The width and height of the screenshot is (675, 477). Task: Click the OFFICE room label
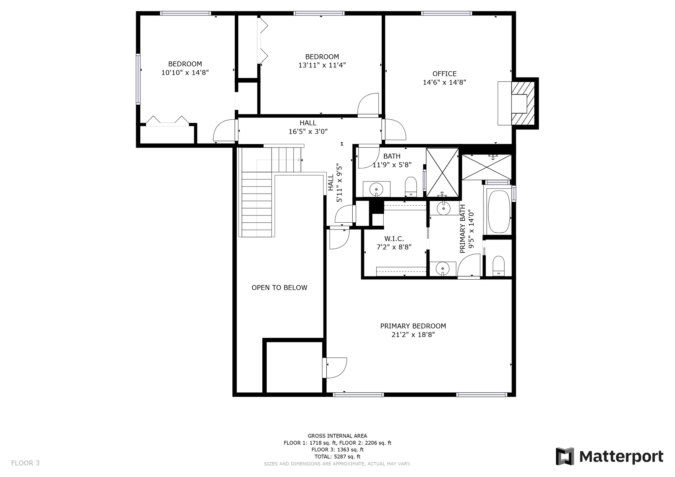pyautogui.click(x=444, y=74)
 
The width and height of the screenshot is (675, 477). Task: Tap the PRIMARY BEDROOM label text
pyautogui.click(x=413, y=326)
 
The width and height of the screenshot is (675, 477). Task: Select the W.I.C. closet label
pyautogui.click(x=394, y=238)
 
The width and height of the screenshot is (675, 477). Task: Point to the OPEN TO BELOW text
pyautogui.click(x=279, y=288)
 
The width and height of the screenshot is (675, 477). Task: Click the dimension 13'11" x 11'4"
pyautogui.click(x=322, y=65)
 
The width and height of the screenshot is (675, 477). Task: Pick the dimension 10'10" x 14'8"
pyautogui.click(x=185, y=72)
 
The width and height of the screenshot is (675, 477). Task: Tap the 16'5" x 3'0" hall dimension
pyautogui.click(x=308, y=131)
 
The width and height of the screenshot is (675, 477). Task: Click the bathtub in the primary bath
pyautogui.click(x=499, y=212)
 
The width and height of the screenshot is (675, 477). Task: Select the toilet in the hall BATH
pyautogui.click(x=411, y=187)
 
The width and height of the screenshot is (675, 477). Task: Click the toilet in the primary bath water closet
pyautogui.click(x=498, y=266)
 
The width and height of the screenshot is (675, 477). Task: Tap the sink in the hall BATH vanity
pyautogui.click(x=376, y=190)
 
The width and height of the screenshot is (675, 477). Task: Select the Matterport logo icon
pyautogui.click(x=565, y=456)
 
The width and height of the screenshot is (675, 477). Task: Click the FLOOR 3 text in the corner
pyautogui.click(x=25, y=463)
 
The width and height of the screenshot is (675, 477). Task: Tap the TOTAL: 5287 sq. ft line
pyautogui.click(x=337, y=457)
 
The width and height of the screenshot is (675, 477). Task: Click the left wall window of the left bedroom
pyautogui.click(x=138, y=79)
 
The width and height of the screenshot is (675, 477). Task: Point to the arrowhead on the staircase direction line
pyautogui.click(x=299, y=160)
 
